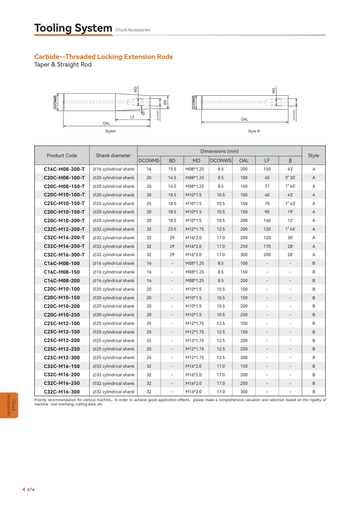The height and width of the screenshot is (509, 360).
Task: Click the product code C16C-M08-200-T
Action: point(64,169)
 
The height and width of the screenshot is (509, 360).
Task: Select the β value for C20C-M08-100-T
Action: point(290,178)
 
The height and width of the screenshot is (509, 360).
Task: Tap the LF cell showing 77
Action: point(267,186)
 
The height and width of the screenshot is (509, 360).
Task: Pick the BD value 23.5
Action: point(172,229)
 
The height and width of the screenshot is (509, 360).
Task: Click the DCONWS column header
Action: point(221,160)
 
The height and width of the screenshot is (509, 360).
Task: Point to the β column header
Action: point(290,161)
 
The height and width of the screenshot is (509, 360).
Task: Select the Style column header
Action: point(313,156)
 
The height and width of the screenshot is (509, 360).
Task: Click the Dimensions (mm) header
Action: point(220,151)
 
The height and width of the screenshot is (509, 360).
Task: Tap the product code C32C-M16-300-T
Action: point(64,255)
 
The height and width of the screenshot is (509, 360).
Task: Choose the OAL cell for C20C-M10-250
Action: point(244,315)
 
